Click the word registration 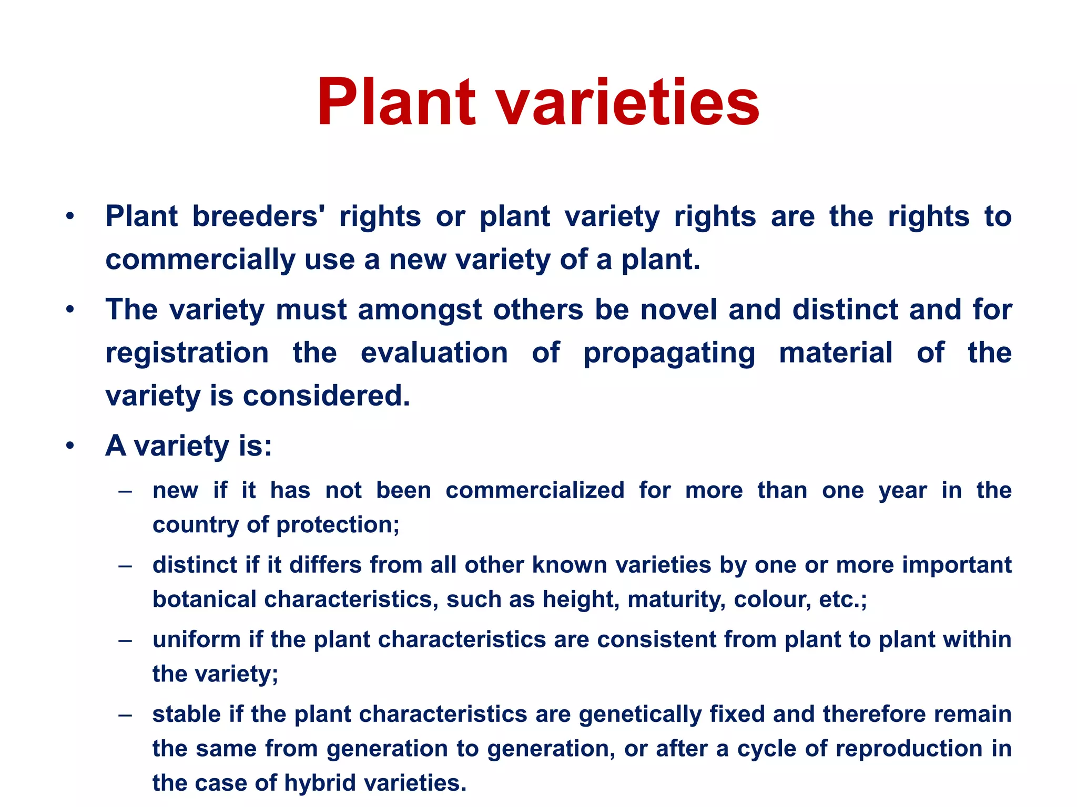tap(187, 352)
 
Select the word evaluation tap(434, 352)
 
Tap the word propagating tap(669, 353)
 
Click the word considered tap(326, 395)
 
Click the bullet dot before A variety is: tap(70, 446)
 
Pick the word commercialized tap(535, 490)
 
